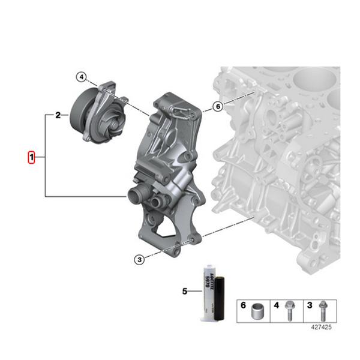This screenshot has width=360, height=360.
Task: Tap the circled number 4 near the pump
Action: (x=82, y=77)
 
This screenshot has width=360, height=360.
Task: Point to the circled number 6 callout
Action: (x=217, y=107)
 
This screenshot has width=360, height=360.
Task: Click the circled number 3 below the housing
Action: (x=139, y=259)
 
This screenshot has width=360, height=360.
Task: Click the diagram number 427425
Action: (x=320, y=328)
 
